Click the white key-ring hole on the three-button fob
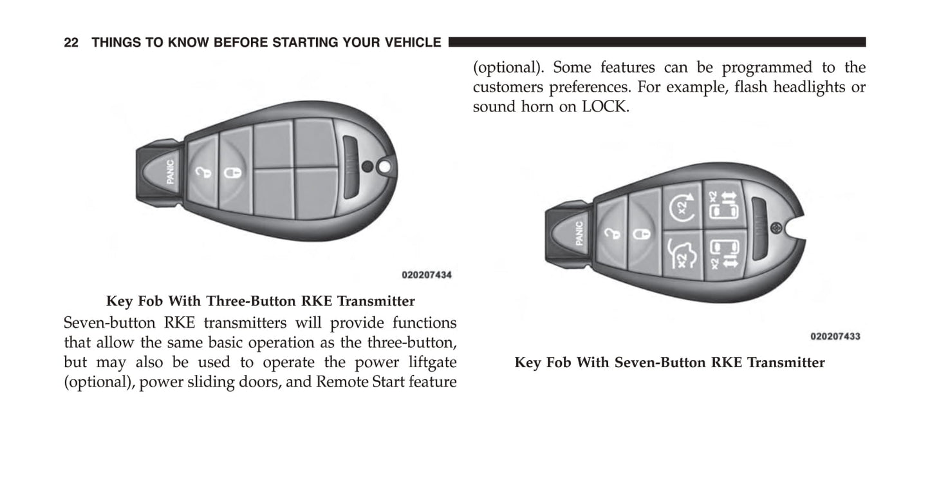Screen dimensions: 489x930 pos(385,167)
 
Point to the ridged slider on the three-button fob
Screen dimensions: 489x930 pos(351,169)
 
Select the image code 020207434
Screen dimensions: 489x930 pos(426,275)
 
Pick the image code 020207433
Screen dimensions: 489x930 pos(835,336)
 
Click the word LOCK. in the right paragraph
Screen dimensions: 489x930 pos(606,107)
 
